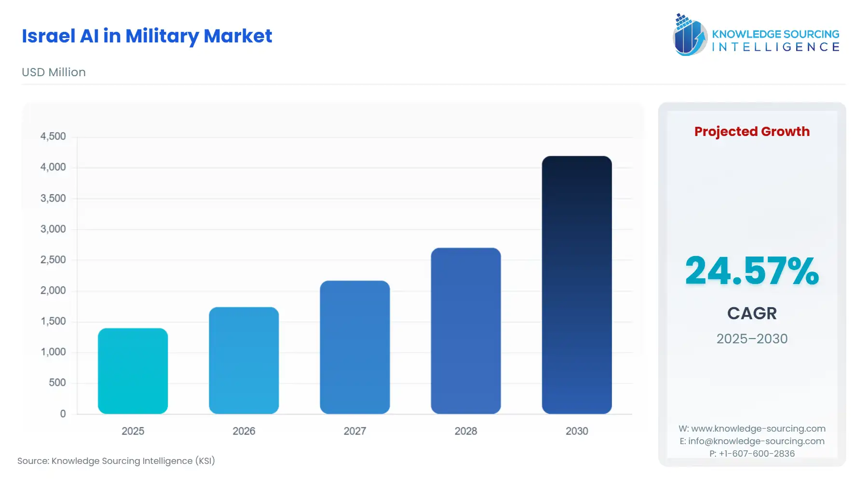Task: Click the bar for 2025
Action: click(x=133, y=371)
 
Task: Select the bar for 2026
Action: click(x=244, y=360)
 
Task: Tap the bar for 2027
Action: click(x=354, y=347)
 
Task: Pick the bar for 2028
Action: click(x=465, y=331)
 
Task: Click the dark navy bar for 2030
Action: click(x=577, y=285)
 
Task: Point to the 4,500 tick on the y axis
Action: click(x=53, y=136)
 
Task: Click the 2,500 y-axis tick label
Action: click(x=53, y=260)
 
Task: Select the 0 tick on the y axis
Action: click(x=63, y=414)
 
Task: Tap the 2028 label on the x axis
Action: click(x=465, y=431)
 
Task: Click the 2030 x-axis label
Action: click(x=577, y=431)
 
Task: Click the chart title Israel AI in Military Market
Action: click(x=147, y=36)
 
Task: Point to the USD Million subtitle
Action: click(x=54, y=72)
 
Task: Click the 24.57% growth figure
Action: click(x=752, y=271)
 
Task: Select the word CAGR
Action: click(x=752, y=313)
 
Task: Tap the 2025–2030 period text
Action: click(x=752, y=339)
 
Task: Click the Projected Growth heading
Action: click(x=752, y=132)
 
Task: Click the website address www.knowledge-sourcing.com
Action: click(x=758, y=429)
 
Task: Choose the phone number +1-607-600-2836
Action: click(x=757, y=454)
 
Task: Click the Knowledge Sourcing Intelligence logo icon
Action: click(x=690, y=35)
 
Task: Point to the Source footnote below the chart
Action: click(x=116, y=461)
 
